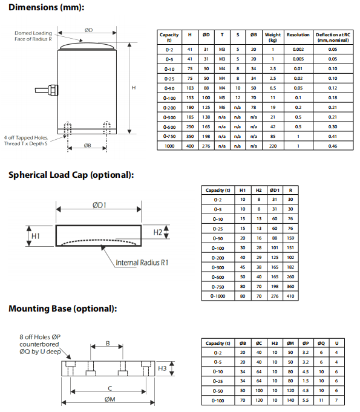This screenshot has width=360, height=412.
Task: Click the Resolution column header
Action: [x=298, y=34]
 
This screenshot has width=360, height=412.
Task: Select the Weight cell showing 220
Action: [x=273, y=146]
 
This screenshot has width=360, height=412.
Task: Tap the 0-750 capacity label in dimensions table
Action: [x=169, y=136]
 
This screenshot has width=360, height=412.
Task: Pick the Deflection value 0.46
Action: [x=333, y=146]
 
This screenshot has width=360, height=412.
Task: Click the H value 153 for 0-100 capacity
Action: [x=190, y=98]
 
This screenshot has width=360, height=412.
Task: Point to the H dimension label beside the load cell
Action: [x=134, y=88]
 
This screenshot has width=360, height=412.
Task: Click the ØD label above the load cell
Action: [x=88, y=30]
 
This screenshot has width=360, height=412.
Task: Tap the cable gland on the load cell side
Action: [x=53, y=90]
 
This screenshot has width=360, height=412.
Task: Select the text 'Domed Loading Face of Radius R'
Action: [x=33, y=36]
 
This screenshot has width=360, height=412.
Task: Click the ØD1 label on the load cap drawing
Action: [x=99, y=205]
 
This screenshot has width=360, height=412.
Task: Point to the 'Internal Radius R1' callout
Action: [x=142, y=263]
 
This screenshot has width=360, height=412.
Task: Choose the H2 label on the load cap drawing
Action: [x=158, y=232]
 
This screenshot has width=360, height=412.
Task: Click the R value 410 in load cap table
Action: [x=290, y=296]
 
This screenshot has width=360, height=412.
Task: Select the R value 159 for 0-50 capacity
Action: [x=290, y=238]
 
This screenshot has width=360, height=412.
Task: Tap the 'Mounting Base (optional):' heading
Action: [x=62, y=309]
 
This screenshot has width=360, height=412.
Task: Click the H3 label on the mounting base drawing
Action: [x=162, y=368]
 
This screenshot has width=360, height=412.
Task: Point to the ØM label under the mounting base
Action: [x=110, y=399]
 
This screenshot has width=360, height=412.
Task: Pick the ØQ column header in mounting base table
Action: [x=321, y=343]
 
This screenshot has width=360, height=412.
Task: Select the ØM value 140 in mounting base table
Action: [x=290, y=400]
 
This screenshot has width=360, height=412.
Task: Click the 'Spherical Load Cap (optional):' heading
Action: [x=71, y=175]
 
